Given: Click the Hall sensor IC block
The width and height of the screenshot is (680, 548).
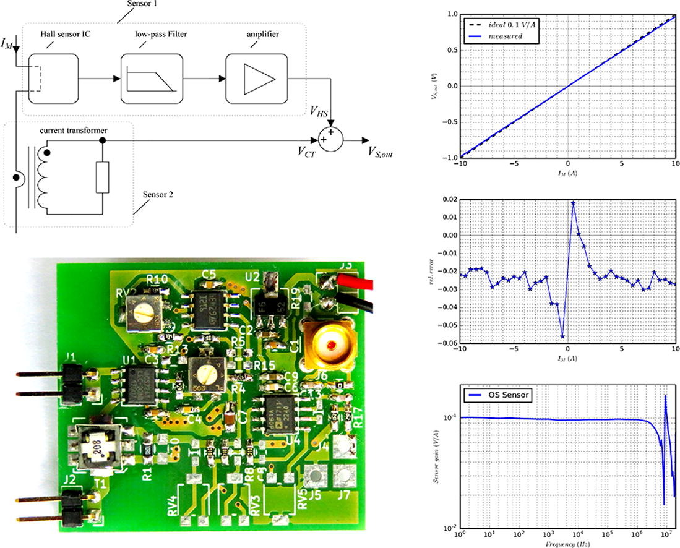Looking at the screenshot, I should [53, 78].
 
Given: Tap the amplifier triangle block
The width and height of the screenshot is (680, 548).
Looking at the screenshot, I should [257, 78].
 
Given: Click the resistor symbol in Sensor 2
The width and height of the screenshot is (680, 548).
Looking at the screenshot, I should [102, 178].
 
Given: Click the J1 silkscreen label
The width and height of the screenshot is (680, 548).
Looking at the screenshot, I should [70, 357].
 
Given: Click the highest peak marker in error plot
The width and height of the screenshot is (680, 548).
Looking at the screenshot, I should [573, 203].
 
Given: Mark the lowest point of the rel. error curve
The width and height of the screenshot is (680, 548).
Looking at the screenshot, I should [562, 336].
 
